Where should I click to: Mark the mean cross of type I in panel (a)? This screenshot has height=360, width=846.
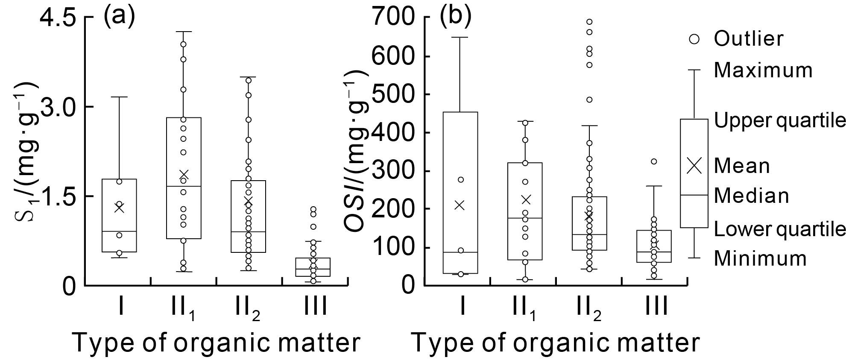coord(119,208)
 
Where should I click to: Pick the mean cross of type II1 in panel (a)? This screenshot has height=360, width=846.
coord(184,175)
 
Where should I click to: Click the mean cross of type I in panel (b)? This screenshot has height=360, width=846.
coord(460,205)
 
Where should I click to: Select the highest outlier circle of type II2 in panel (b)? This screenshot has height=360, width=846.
coord(589,22)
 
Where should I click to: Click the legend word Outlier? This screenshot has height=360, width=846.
coord(749,39)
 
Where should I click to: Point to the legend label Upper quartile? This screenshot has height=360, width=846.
coord(779,121)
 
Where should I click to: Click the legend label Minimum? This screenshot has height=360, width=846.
coord(760,258)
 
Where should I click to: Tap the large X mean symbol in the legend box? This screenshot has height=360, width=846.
coord(694,166)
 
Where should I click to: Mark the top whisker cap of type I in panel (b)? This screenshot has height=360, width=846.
coord(460,38)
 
